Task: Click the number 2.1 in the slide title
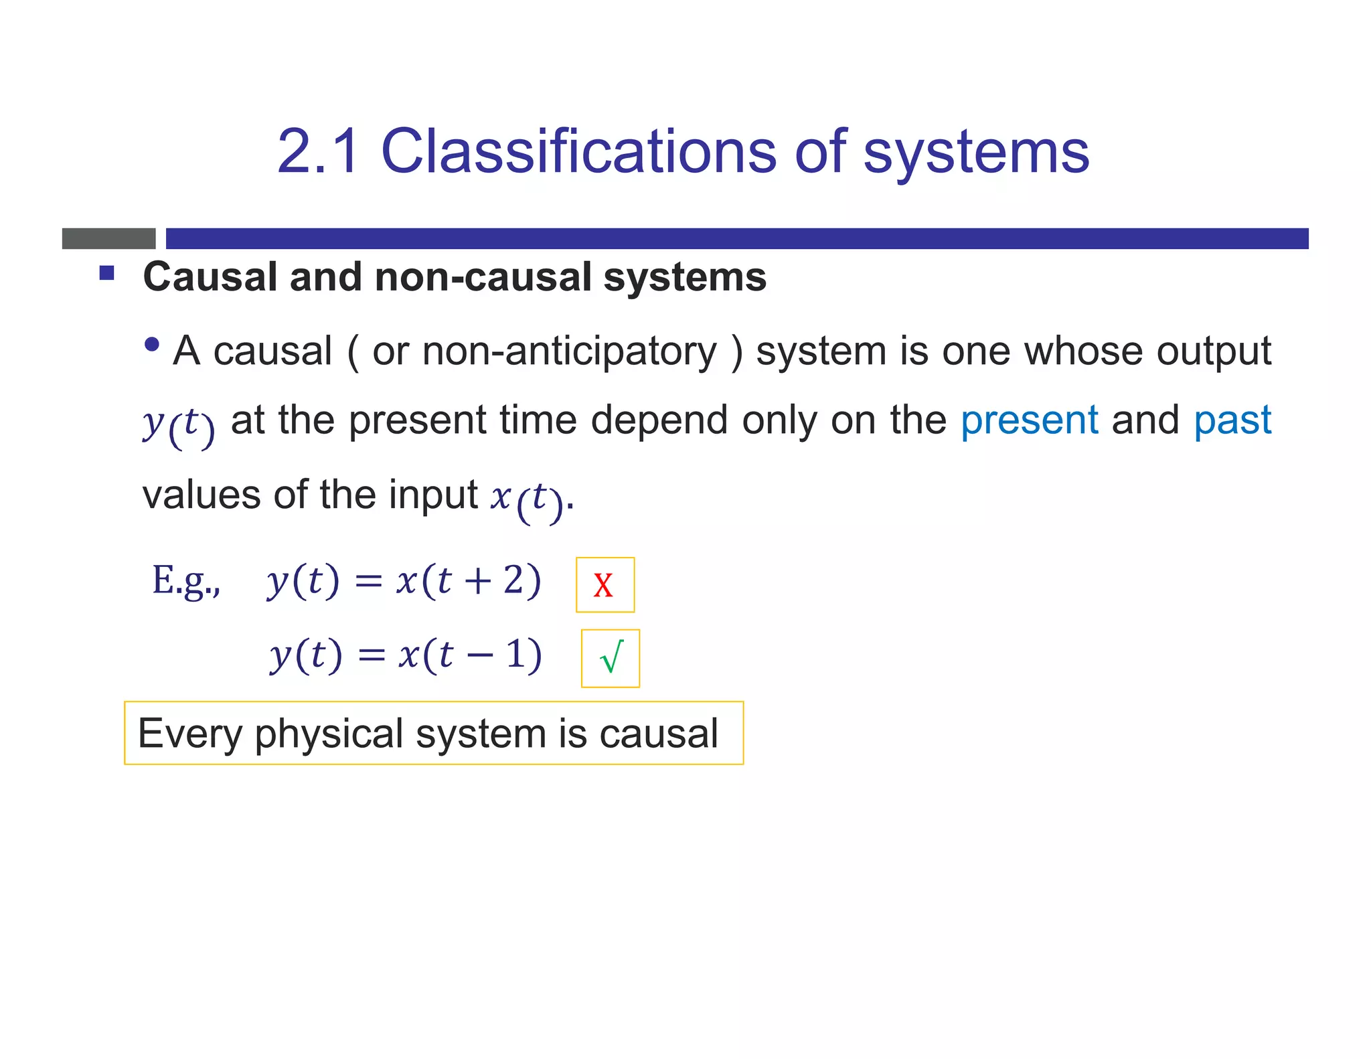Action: click(x=318, y=152)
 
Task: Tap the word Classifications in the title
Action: click(x=578, y=152)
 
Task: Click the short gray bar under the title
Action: click(x=108, y=238)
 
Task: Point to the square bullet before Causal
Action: click(x=107, y=273)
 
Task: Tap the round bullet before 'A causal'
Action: click(x=153, y=345)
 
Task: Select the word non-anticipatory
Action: click(x=569, y=351)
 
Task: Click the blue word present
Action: click(x=1029, y=421)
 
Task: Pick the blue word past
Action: click(x=1232, y=421)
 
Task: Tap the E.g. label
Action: click(x=185, y=580)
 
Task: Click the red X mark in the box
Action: click(x=603, y=585)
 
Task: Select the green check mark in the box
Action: click(x=611, y=658)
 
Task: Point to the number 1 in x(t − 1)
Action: click(x=514, y=654)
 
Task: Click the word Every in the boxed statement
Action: click(x=189, y=734)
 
